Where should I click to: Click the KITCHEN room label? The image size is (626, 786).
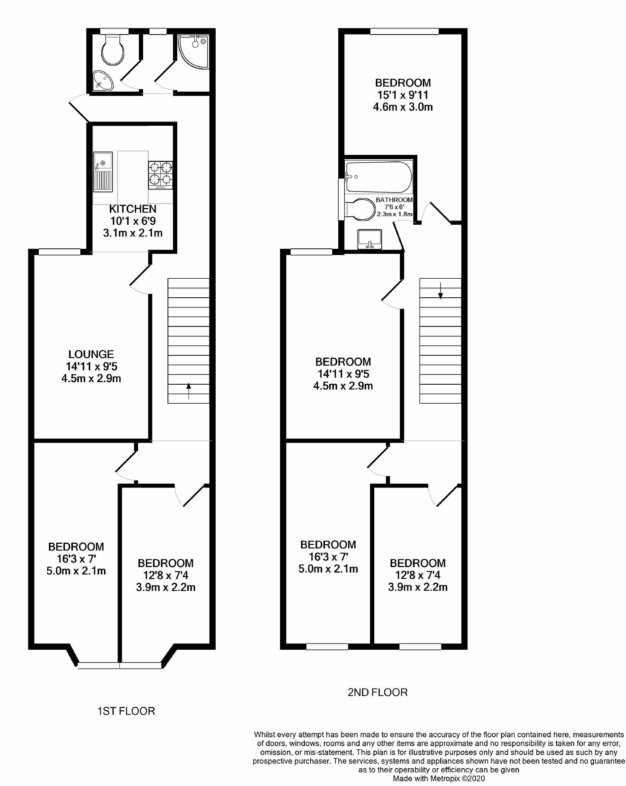(x=133, y=209)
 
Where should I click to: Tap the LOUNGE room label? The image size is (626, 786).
(x=91, y=354)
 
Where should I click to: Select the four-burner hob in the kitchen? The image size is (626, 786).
(x=160, y=175)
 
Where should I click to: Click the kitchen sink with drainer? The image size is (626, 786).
(x=103, y=172)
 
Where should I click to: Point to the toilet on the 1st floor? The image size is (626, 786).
(x=112, y=49)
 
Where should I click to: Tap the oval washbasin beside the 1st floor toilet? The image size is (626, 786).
(x=103, y=81)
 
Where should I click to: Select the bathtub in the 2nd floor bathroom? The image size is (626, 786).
(x=379, y=177)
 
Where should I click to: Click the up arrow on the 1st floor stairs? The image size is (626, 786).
(x=188, y=391)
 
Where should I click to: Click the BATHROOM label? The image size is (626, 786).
(x=394, y=200)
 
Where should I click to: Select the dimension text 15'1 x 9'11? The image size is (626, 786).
(x=403, y=95)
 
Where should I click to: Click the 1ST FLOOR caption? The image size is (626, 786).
(x=126, y=711)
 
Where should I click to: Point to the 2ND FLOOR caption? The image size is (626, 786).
(x=378, y=692)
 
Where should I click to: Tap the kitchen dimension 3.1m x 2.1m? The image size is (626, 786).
(x=133, y=233)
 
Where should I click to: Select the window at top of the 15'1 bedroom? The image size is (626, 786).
(x=405, y=31)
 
